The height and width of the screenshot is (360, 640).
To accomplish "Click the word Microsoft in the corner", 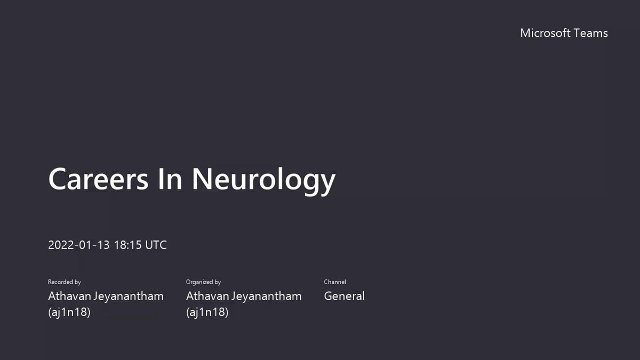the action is [x=545, y=33].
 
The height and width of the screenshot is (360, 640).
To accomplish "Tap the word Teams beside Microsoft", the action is [x=590, y=33].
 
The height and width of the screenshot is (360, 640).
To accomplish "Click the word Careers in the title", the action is [x=98, y=179].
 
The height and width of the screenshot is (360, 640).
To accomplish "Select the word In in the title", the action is [x=170, y=179].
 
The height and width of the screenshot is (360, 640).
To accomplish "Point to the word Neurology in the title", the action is [x=263, y=181].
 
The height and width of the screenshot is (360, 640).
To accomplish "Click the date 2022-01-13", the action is [x=79, y=245].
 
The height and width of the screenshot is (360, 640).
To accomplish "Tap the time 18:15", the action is [x=127, y=245].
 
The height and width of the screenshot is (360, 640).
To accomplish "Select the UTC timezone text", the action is [x=156, y=245].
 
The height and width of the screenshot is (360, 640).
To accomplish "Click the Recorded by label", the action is [x=65, y=282].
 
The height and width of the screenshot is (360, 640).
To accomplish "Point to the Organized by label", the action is [x=203, y=282].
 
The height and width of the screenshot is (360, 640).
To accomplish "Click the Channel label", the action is [x=335, y=282].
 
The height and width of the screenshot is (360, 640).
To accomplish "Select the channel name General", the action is [x=345, y=296].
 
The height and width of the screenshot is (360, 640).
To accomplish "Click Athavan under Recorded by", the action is [x=69, y=296].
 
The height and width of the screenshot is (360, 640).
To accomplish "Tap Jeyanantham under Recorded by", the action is [x=129, y=297].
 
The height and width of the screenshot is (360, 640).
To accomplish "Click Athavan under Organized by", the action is [x=207, y=296].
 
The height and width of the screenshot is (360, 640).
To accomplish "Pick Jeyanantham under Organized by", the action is [x=267, y=297].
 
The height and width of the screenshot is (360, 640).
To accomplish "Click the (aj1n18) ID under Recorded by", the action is [x=69, y=312].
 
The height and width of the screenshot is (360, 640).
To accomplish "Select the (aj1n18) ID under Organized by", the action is [x=207, y=312].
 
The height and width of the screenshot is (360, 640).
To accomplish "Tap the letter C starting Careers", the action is [x=57, y=179].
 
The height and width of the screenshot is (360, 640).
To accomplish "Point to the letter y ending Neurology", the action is [x=327, y=185].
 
